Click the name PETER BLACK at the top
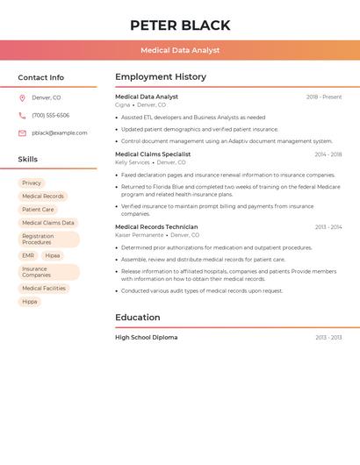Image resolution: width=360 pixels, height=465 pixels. (x=180, y=25)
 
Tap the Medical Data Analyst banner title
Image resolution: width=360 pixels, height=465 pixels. (x=180, y=51)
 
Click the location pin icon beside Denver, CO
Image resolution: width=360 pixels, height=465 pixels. (x=22, y=98)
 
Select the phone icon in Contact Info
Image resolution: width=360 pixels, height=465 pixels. (x=22, y=116)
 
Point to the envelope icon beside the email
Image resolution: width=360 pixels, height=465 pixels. (x=22, y=133)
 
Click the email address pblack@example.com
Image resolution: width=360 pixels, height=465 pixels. (x=60, y=133)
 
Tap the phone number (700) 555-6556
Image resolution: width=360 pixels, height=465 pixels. (x=50, y=116)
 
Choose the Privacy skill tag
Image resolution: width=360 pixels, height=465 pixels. (x=32, y=183)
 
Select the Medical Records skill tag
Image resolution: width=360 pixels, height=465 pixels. (x=43, y=197)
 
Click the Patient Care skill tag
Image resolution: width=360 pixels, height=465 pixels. (x=38, y=210)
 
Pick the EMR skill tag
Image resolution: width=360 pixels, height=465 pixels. (x=28, y=256)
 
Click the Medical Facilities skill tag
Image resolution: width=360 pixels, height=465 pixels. (x=44, y=289)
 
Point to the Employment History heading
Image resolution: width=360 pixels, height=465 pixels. (x=161, y=77)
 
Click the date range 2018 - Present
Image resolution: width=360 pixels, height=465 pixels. (x=324, y=97)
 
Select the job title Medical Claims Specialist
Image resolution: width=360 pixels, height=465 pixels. (x=153, y=154)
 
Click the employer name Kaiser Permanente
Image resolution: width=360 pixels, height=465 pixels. (x=139, y=235)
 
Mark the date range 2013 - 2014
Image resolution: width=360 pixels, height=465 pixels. (x=328, y=227)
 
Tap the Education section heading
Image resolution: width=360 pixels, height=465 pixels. (x=138, y=318)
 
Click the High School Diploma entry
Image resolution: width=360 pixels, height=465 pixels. (x=146, y=338)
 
